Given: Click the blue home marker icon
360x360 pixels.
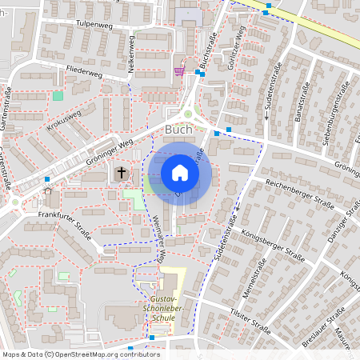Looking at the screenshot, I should (x=180, y=172).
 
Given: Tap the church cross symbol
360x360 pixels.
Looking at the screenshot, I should (x=122, y=172).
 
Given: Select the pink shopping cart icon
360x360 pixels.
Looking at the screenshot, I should (x=178, y=70).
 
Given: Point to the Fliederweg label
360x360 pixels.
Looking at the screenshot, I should (x=85, y=71).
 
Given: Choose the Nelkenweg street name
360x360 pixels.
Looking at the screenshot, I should (x=130, y=55).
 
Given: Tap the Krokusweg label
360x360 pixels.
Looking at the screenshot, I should (x=64, y=124).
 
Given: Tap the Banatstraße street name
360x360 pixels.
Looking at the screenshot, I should (x=302, y=108).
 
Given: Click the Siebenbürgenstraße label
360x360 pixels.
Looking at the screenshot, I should (x=336, y=107).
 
